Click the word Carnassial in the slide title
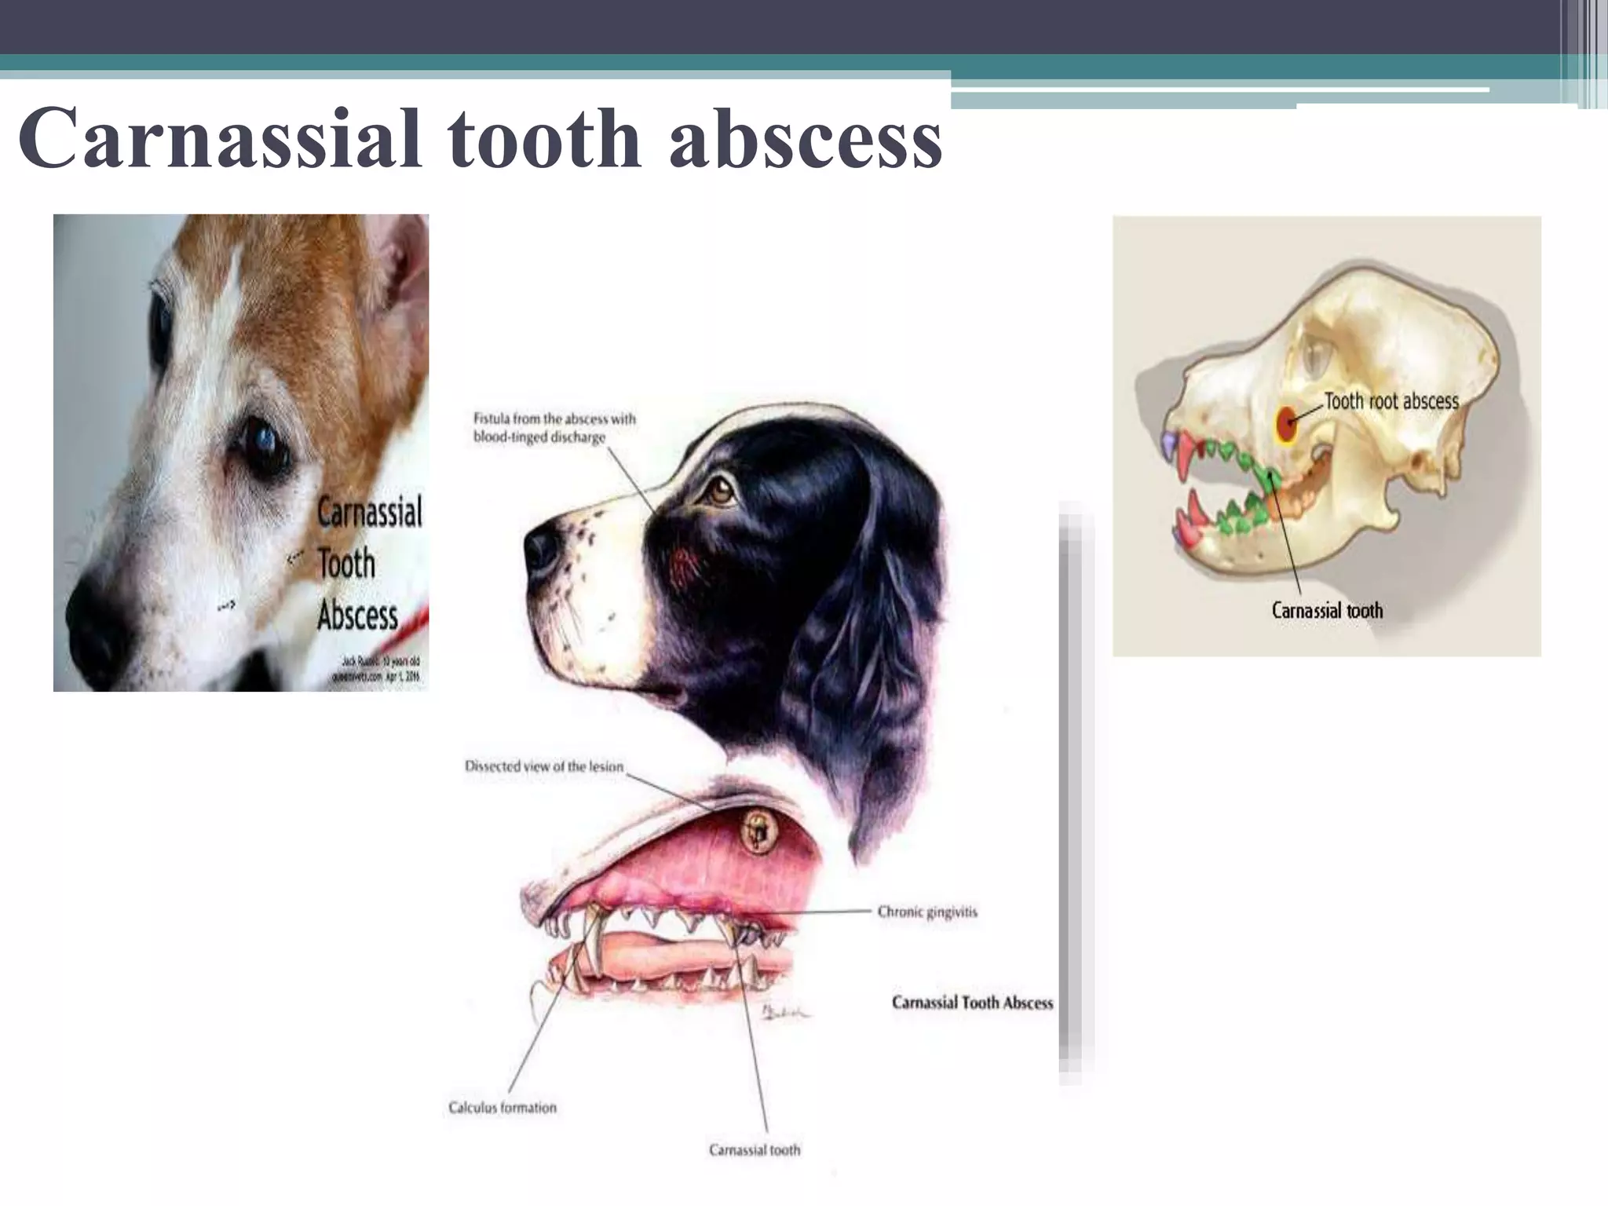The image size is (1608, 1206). point(220,139)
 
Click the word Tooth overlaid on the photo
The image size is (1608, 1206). point(346,564)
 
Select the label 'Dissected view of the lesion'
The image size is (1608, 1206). point(543,766)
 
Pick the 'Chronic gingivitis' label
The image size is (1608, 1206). point(927,912)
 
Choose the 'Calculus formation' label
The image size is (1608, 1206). point(502,1107)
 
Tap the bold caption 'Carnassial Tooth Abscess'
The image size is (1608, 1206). point(972,1003)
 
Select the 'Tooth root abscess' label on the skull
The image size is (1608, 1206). point(1391,401)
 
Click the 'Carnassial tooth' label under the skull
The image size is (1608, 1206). point(1327,611)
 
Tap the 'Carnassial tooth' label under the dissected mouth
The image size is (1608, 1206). point(755,1149)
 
